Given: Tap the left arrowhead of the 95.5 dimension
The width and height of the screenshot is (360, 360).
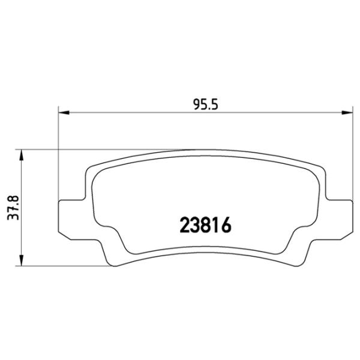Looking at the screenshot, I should pos(63,112).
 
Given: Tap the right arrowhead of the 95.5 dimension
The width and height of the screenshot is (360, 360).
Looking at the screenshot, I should pos(346,112).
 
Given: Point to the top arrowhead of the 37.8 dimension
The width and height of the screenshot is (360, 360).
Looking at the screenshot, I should pos(23,155).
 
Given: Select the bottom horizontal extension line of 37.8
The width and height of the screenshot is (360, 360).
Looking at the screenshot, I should pos(60,266).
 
